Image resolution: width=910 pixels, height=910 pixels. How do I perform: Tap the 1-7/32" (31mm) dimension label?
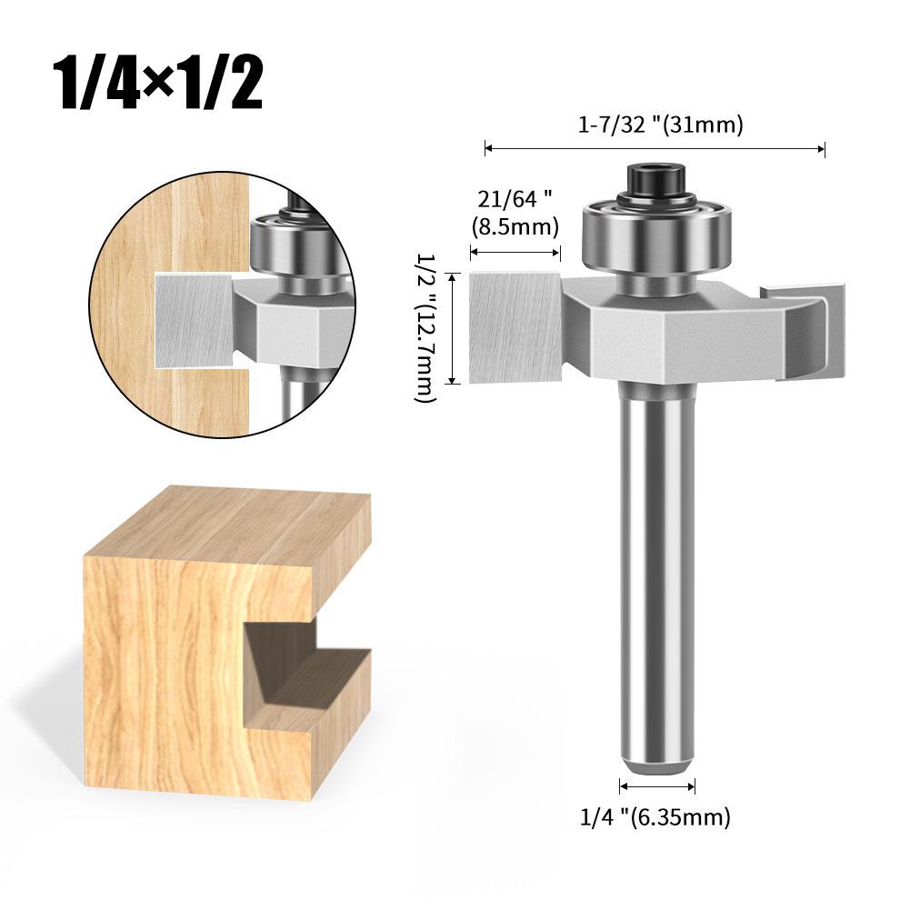point(661,125)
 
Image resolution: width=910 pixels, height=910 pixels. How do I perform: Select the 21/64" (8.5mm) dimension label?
point(514,211)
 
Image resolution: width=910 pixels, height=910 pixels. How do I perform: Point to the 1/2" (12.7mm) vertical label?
point(426,327)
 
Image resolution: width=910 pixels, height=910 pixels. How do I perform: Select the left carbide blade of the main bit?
point(515,327)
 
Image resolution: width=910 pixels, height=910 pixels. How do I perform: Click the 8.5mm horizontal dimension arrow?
point(514,252)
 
